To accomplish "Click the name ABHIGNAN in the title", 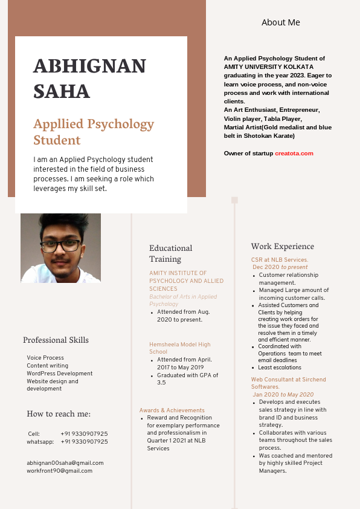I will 89,66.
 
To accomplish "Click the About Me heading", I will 280,22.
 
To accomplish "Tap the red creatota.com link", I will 294,154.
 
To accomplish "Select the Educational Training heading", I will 170,253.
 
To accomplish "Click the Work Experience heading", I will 282,246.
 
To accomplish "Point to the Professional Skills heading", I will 56,340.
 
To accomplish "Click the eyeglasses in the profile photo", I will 62,245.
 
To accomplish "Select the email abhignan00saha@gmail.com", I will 65,463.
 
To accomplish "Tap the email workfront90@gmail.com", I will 59,471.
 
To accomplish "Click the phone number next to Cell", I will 84,434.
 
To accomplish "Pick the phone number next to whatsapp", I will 84,442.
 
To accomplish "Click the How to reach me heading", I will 59,413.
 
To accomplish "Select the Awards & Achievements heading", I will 172,410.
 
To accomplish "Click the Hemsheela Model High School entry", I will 179,348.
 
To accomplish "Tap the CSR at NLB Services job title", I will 280,260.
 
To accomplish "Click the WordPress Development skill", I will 59,374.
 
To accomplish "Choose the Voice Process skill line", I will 45,358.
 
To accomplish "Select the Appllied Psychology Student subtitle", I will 94,132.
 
